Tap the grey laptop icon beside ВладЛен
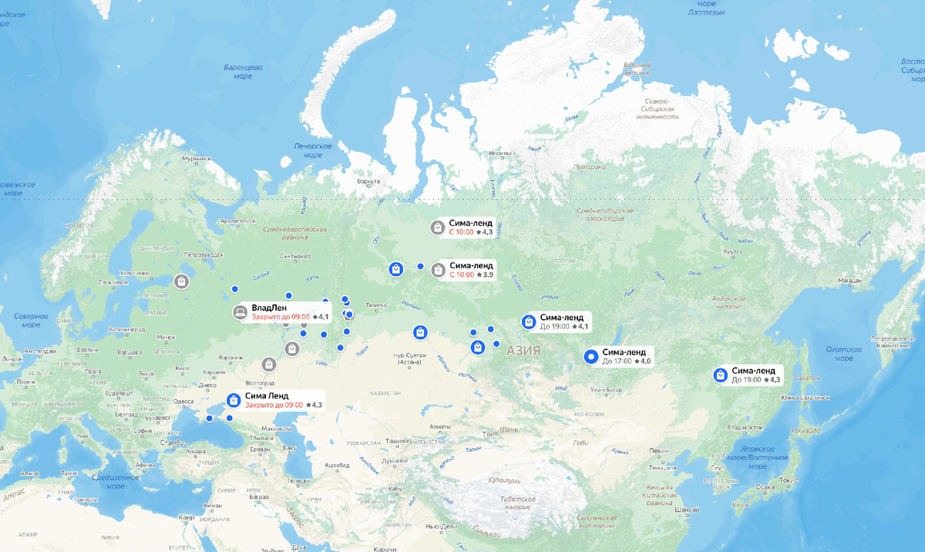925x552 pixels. point(240,312)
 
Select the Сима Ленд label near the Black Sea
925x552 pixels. point(267,395)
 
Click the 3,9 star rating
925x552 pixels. point(485,274)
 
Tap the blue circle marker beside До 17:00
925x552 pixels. point(591,355)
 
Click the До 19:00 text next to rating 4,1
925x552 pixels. point(555,327)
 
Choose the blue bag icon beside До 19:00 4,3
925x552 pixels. point(720,375)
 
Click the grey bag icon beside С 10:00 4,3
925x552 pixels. point(437,227)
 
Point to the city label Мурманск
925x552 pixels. point(196,159)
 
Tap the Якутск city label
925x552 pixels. point(732,251)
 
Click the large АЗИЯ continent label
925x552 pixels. point(523,351)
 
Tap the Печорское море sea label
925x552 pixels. point(312,150)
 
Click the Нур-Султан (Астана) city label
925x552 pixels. point(410,360)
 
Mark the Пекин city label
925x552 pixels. point(658,450)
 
